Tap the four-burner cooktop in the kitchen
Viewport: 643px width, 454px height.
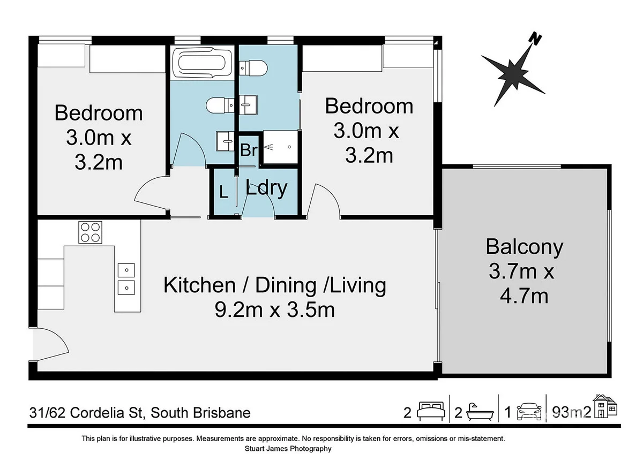coord(91,232)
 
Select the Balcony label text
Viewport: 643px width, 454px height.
coord(525,247)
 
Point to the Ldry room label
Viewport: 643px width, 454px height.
coord(266,188)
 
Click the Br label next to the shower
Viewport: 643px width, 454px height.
coord(249,150)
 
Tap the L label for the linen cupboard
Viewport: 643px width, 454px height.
coord(223,192)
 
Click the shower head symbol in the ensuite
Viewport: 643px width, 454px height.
coord(269,147)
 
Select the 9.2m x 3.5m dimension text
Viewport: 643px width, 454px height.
coord(275,310)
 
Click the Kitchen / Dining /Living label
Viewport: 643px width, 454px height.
coord(275,285)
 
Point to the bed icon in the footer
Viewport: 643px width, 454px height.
coord(431,412)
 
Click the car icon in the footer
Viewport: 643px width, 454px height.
coord(529,412)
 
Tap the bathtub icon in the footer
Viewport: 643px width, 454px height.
coord(480,412)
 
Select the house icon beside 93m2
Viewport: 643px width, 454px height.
coord(605,406)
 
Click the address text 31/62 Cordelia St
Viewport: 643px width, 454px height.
coord(86,413)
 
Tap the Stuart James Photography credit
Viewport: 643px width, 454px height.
coord(288,448)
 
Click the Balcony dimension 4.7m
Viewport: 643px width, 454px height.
coord(524,296)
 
